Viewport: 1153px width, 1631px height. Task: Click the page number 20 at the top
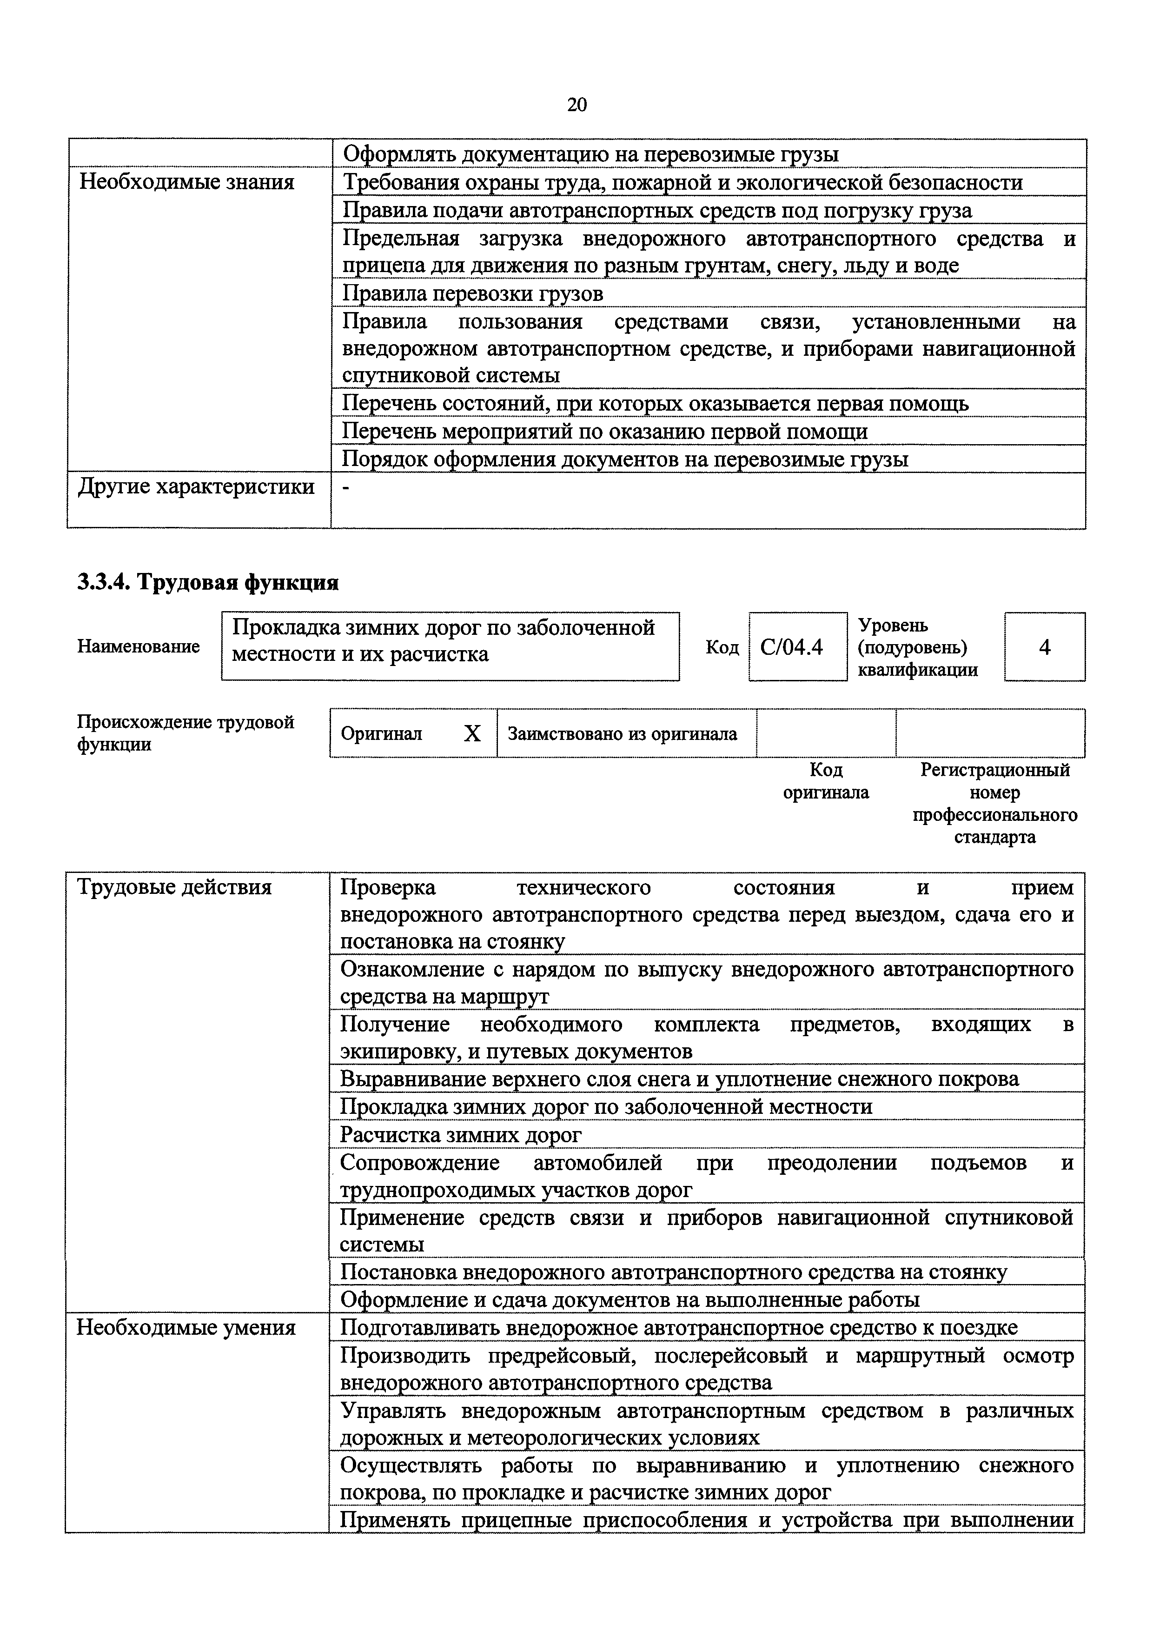click(576, 105)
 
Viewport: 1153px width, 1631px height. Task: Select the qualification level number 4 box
click(1044, 647)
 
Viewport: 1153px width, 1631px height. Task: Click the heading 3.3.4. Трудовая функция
click(208, 582)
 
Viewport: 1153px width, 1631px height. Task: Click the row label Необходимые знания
click(187, 183)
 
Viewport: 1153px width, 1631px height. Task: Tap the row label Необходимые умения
click(186, 1328)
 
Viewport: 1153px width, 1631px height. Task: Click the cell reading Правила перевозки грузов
click(473, 293)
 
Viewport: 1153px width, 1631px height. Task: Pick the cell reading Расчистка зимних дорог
click(461, 1134)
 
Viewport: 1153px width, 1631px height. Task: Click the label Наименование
click(139, 646)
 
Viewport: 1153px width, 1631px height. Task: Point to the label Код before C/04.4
click(722, 647)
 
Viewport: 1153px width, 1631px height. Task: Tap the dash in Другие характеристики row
click(346, 488)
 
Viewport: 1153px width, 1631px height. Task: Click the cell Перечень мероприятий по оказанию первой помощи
click(605, 431)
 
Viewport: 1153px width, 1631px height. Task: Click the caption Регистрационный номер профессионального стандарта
click(994, 803)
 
